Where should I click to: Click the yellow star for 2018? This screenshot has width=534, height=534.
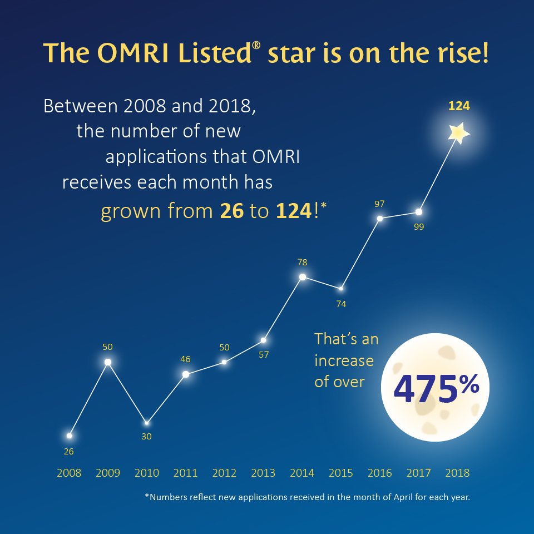pyautogui.click(x=459, y=133)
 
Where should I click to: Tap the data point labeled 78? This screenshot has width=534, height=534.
pyautogui.click(x=303, y=277)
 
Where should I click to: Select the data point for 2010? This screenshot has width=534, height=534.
pyautogui.click(x=147, y=423)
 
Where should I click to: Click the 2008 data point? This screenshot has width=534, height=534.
pyautogui.click(x=69, y=436)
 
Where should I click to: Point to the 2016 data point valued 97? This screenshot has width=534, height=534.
pyautogui.click(x=380, y=219)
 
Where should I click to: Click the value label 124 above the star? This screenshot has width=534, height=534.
pyautogui.click(x=459, y=106)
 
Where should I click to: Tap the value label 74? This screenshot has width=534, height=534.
pyautogui.click(x=341, y=304)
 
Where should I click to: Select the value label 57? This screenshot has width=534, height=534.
pyautogui.click(x=264, y=354)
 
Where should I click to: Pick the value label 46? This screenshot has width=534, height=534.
pyautogui.click(x=186, y=359)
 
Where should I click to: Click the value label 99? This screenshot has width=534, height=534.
pyautogui.click(x=419, y=227)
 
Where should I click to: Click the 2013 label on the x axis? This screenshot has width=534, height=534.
pyautogui.click(x=263, y=473)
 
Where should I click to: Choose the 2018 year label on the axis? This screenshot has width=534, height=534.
pyautogui.click(x=457, y=473)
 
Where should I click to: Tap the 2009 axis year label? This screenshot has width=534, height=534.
pyautogui.click(x=108, y=473)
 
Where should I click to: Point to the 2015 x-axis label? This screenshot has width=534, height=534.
pyautogui.click(x=341, y=473)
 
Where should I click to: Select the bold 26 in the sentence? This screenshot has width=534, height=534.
pyautogui.click(x=232, y=211)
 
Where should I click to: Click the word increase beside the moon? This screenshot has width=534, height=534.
pyautogui.click(x=344, y=360)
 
